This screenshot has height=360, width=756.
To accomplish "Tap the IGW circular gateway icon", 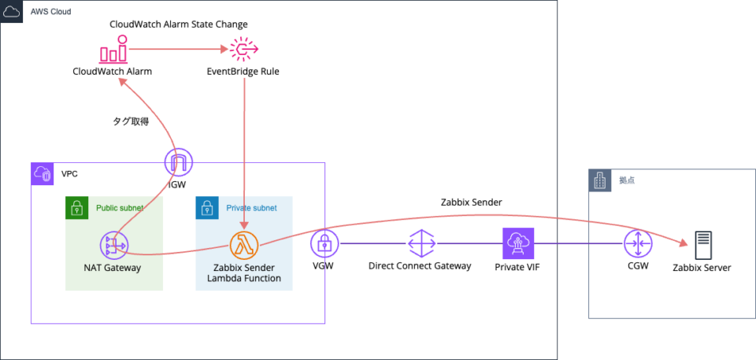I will (180, 163).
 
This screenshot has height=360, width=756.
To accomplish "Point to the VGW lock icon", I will (324, 244).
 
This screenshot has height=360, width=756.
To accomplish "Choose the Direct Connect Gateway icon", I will (420, 243).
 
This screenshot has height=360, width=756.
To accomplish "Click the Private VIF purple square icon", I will (518, 243).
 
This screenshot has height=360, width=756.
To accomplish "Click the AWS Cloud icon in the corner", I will (12, 12).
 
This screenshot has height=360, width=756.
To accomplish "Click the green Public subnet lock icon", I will (76, 208).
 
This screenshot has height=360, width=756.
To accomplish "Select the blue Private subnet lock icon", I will (206, 208).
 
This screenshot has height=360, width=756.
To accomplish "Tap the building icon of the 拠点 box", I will (600, 180).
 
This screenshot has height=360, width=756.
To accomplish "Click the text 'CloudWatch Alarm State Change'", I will (179, 24).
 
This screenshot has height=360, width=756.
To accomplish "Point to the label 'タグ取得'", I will (131, 121).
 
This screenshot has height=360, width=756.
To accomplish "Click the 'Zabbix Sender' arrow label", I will (472, 202).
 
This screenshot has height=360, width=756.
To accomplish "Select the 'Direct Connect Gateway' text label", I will (420, 266).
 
